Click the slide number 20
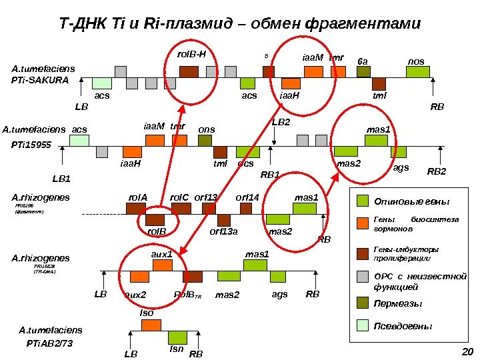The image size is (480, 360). coord(467,353)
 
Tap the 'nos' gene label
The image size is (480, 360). coord(415,61)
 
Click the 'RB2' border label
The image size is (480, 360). coord(437,172)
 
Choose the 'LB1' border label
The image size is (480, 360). coord(61,179)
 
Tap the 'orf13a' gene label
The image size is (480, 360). coord(224,231)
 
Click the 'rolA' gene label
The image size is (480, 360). coord(137,197)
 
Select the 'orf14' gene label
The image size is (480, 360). coord(247,197)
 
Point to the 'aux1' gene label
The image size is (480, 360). coord(162,254)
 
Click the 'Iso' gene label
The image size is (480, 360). coord(146,313)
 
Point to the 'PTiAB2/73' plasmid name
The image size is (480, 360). coord(45,343)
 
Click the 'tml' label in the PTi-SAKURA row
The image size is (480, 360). coord(379,95)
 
